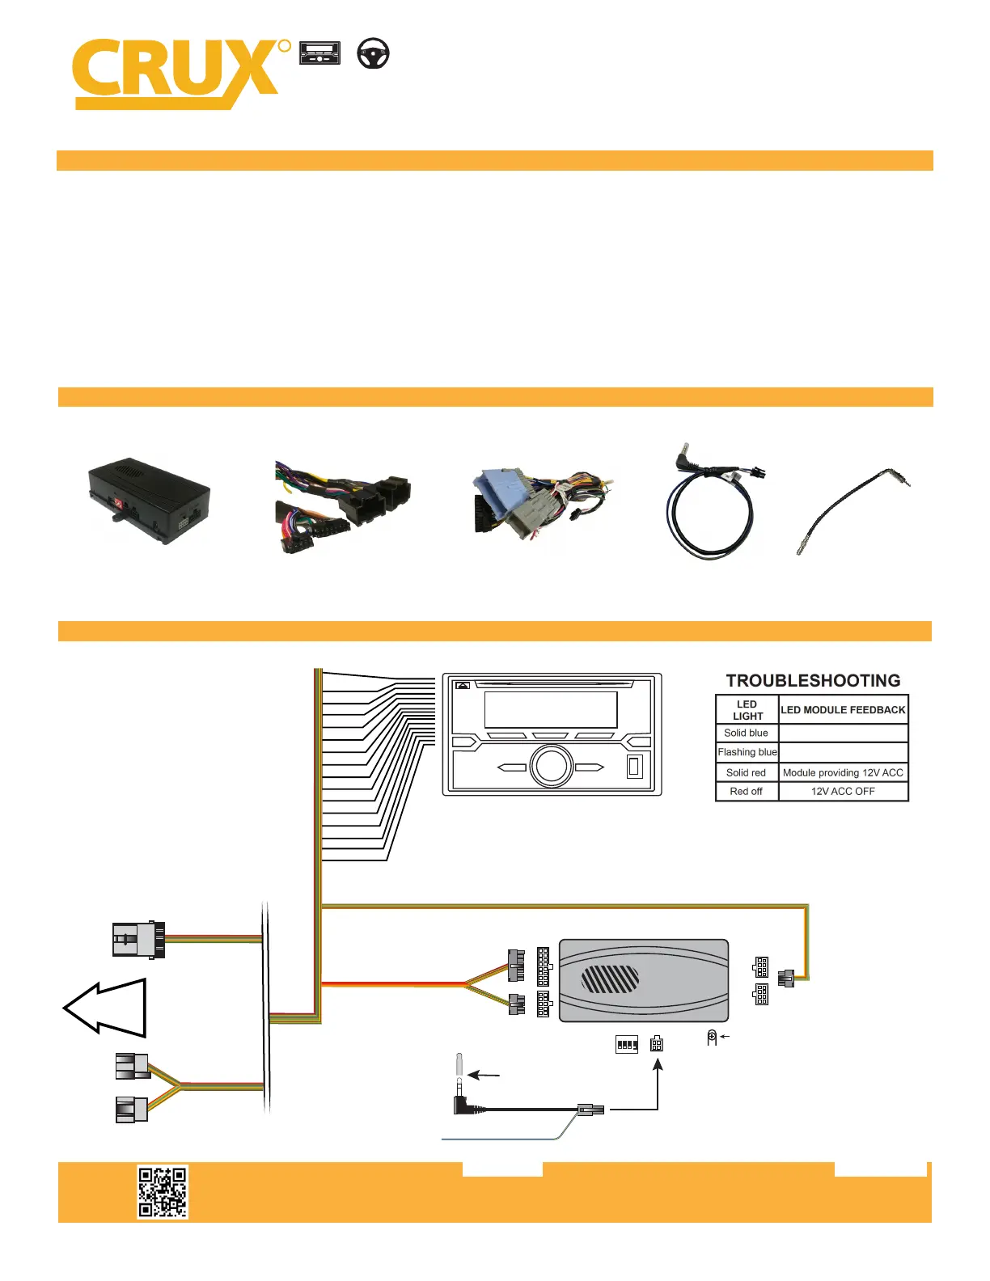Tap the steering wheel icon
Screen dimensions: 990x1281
pos(373,53)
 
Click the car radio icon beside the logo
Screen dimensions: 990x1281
pos(319,53)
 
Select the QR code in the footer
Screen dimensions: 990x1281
pos(163,1191)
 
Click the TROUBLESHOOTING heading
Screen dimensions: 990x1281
pos(813,680)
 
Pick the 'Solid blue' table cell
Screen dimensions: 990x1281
pos(746,733)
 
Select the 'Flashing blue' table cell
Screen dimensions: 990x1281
pos(747,751)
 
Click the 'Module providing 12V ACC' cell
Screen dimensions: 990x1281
pos(843,772)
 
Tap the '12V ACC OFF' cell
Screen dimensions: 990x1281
pos(843,791)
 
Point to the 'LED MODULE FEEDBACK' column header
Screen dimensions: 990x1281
pos(843,710)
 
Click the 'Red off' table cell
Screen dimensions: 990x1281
pos(746,791)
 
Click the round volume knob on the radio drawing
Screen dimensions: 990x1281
pos(552,767)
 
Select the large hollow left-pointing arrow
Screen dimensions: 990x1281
pos(104,1007)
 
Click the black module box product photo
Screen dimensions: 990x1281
pos(149,501)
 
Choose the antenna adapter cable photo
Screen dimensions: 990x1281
pos(852,510)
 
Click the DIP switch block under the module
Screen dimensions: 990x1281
pos(626,1045)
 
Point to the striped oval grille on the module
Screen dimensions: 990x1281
pos(610,979)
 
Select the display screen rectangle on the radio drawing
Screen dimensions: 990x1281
pos(551,710)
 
